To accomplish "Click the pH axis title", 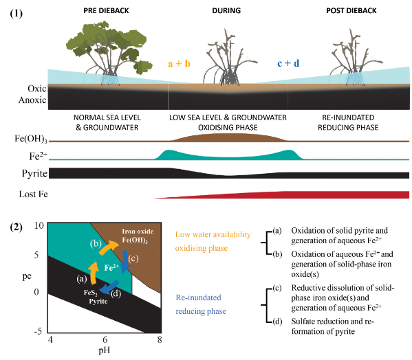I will pos(104,353).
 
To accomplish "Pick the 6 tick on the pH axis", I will pos(104,340).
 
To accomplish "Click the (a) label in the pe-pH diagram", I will pos(81,278).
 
